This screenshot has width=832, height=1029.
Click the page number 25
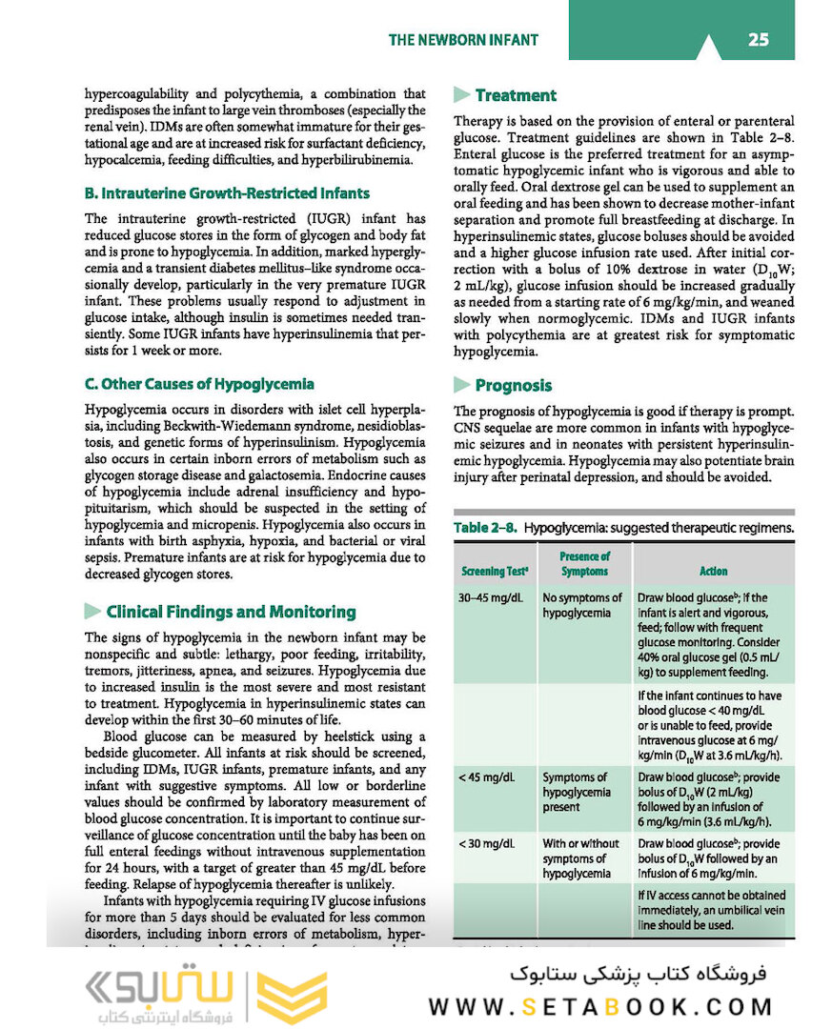tap(758, 40)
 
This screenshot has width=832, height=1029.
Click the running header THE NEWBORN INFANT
tap(463, 40)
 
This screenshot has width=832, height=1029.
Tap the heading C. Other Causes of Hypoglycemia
tap(199, 384)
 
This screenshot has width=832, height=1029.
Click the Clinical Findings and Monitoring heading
tap(231, 612)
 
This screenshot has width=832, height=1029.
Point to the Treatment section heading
tap(516, 95)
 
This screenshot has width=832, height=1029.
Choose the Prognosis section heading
tap(514, 385)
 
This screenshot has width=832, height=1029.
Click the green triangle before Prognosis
tap(462, 385)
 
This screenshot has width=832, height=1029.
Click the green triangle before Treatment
tap(462, 95)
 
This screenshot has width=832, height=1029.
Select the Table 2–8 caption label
tap(486, 527)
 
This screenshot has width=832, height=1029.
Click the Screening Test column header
tap(496, 571)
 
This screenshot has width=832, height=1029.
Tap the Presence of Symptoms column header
tap(584, 563)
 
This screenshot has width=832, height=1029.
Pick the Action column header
tap(713, 571)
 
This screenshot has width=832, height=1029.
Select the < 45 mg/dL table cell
tap(486, 777)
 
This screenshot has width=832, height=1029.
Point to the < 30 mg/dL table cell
tap(486, 844)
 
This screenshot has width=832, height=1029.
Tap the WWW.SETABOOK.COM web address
tap(600, 1006)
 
